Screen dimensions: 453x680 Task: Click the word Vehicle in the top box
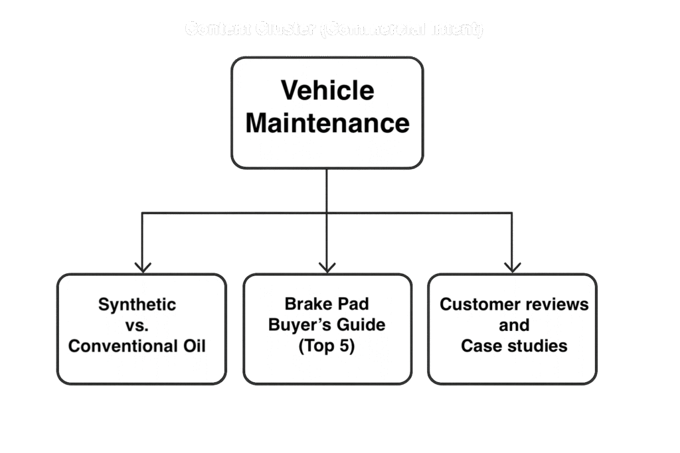coord(327,90)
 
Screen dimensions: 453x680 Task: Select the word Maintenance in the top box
coord(327,123)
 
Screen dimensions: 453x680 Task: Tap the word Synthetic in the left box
coord(137,304)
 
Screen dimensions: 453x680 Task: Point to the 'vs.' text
coord(137,325)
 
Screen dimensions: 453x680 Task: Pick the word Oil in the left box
coord(194,346)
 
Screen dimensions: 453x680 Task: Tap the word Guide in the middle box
coord(361,325)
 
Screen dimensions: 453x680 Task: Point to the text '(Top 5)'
coord(327,346)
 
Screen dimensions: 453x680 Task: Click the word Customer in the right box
coord(473,304)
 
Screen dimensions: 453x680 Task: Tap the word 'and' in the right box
coord(514,325)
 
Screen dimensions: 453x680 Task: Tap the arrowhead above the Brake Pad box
coord(327,267)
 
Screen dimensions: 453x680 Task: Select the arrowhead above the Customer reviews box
coord(512,267)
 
